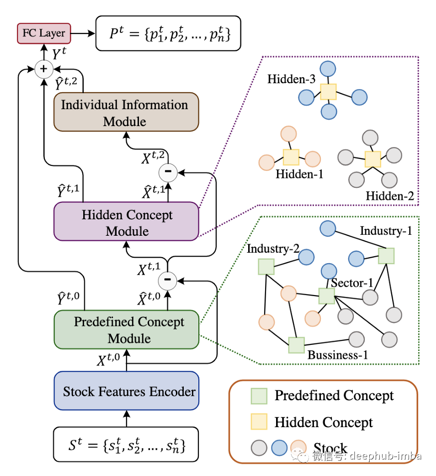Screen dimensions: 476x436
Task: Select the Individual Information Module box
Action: click(x=126, y=112)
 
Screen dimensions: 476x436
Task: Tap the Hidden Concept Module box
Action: click(x=126, y=222)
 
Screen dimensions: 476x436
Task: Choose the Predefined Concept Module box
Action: click(x=126, y=329)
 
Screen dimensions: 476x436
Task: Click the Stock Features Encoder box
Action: click(x=126, y=391)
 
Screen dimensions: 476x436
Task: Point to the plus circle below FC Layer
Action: click(x=43, y=70)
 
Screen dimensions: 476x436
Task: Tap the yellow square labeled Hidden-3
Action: click(x=328, y=92)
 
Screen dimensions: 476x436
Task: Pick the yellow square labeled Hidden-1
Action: click(x=291, y=158)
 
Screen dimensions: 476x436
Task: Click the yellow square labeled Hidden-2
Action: click(x=372, y=159)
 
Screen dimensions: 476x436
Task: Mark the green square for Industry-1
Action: click(x=386, y=256)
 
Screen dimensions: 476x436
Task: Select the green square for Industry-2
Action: click(x=267, y=266)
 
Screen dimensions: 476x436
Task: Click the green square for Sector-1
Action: click(x=326, y=296)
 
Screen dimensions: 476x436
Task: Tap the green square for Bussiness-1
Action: click(x=296, y=345)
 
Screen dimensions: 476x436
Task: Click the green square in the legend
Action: click(x=259, y=396)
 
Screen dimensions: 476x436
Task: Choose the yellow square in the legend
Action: click(x=259, y=422)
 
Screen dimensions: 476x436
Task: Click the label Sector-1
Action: click(x=352, y=283)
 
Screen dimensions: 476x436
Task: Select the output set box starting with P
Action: click(x=168, y=33)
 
